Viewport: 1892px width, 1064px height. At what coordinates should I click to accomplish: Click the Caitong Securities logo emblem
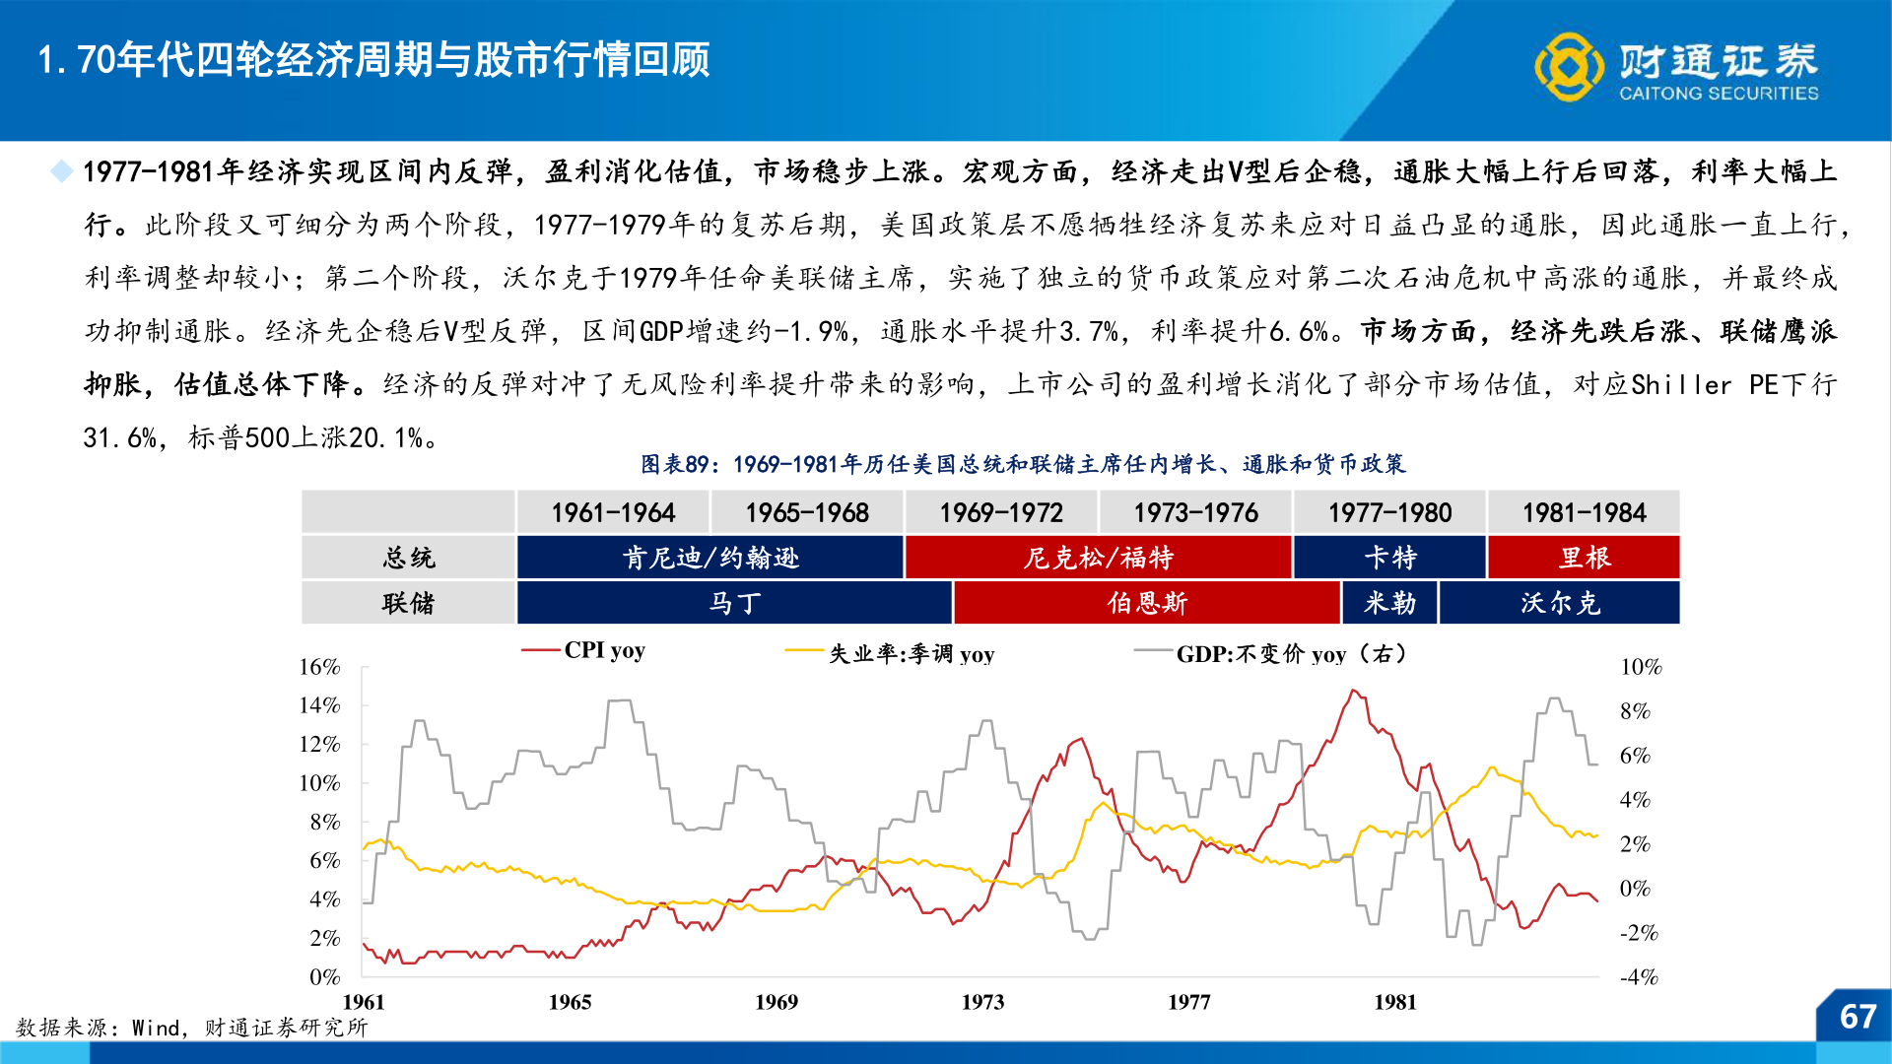pyautogui.click(x=1569, y=67)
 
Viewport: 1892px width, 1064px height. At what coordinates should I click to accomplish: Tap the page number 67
pyautogui.click(x=1858, y=1017)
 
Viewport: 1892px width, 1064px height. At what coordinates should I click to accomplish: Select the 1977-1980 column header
pyautogui.click(x=1389, y=513)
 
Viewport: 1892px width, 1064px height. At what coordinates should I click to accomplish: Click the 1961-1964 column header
pyautogui.click(x=613, y=513)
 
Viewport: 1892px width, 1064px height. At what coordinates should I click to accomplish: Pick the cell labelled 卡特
pyautogui.click(x=1389, y=558)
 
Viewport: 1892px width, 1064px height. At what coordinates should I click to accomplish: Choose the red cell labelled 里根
pyautogui.click(x=1584, y=558)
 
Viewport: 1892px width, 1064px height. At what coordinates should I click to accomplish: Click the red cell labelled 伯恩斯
pyautogui.click(x=1147, y=603)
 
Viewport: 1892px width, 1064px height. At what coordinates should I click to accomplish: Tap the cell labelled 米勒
pyautogui.click(x=1389, y=603)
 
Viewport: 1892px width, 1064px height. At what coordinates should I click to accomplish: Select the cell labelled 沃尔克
pyautogui.click(x=1560, y=603)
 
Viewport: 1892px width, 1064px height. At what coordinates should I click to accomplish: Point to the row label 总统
pyautogui.click(x=408, y=558)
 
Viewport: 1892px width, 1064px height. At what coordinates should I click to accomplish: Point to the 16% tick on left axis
pyautogui.click(x=319, y=667)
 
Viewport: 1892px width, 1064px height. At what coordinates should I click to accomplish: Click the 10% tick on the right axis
pyautogui.click(x=1641, y=667)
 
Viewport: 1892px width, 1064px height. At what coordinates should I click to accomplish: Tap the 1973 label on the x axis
pyautogui.click(x=982, y=1002)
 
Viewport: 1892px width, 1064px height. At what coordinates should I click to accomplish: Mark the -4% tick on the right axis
pyautogui.click(x=1640, y=977)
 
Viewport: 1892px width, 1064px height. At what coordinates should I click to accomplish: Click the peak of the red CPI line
pyautogui.click(x=1354, y=691)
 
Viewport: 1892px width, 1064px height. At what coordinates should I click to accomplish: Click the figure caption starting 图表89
pyautogui.click(x=1023, y=464)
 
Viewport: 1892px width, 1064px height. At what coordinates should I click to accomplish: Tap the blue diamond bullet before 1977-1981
pyautogui.click(x=62, y=171)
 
